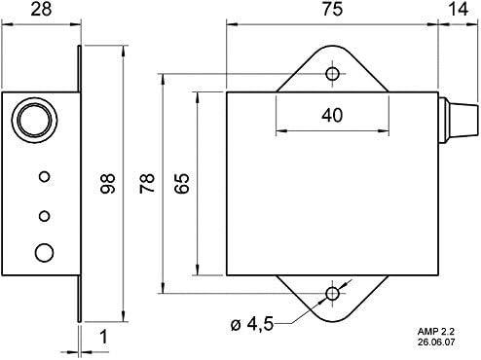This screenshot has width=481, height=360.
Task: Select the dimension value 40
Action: (x=331, y=115)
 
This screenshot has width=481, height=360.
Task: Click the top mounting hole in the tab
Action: (x=333, y=73)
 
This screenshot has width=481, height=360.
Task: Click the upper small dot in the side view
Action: (x=43, y=176)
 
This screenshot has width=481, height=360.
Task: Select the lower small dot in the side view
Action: (x=43, y=215)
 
